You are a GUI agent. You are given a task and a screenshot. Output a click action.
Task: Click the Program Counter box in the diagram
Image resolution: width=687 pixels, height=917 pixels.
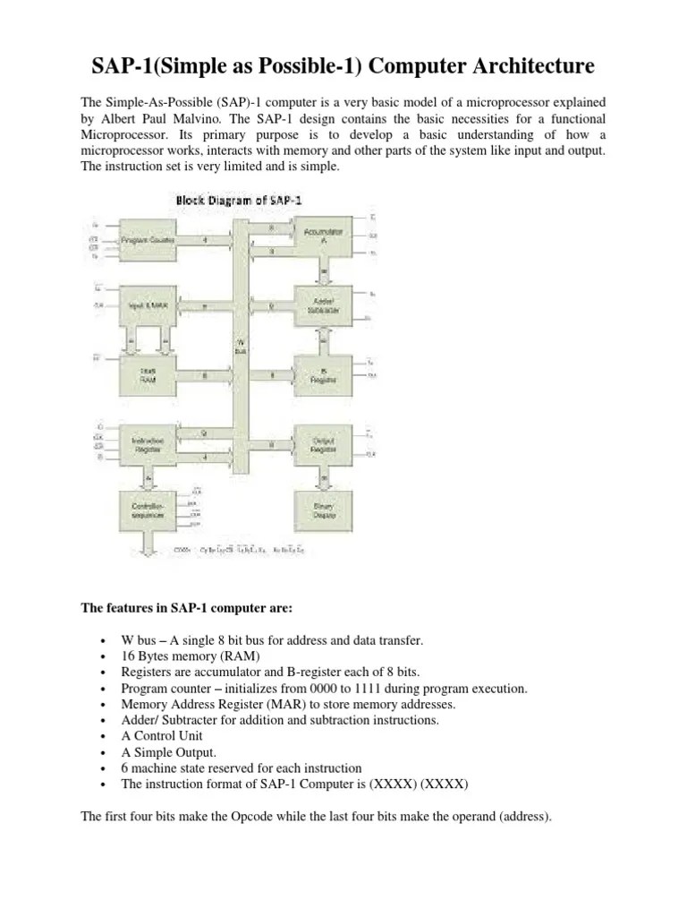click(x=148, y=241)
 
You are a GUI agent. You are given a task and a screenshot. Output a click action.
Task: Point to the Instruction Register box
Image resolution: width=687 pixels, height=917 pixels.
click(x=148, y=445)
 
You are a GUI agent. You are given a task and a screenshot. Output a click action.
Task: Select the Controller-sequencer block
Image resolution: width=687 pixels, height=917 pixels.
click(x=148, y=509)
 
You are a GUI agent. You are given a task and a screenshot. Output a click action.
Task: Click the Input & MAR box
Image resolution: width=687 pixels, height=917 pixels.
click(x=148, y=304)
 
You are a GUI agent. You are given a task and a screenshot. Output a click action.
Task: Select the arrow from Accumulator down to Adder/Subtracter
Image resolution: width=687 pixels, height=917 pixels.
click(x=325, y=271)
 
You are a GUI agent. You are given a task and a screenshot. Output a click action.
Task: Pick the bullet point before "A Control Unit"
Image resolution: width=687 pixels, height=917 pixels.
click(x=105, y=736)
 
